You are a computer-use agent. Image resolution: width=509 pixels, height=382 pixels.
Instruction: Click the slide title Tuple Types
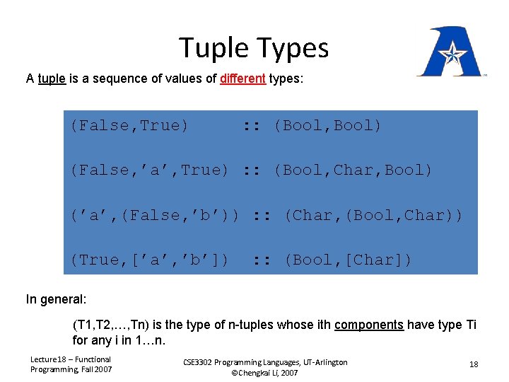click(254, 48)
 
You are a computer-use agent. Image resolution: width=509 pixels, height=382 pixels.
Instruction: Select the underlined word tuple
click(52, 79)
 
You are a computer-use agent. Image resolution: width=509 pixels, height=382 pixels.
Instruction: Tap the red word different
click(242, 79)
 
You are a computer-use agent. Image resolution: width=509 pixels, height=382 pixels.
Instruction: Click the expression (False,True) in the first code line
click(129, 126)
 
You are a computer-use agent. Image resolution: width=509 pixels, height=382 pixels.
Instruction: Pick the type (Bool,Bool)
click(327, 126)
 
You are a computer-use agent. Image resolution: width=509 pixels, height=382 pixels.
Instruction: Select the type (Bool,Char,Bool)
click(353, 170)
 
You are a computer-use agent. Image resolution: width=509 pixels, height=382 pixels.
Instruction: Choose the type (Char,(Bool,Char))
click(373, 215)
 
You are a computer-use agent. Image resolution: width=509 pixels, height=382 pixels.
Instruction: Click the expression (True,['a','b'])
click(149, 260)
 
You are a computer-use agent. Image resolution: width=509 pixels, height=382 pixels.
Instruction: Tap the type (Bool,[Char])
click(348, 260)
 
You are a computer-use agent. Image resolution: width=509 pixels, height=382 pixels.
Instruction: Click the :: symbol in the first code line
click(250, 126)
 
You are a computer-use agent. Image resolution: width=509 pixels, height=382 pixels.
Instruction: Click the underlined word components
click(368, 325)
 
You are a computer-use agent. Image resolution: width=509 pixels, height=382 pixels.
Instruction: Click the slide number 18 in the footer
click(473, 364)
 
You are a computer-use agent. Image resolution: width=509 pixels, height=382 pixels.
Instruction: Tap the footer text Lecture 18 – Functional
click(70, 359)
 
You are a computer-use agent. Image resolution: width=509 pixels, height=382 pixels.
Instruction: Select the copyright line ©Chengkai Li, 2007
click(265, 373)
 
